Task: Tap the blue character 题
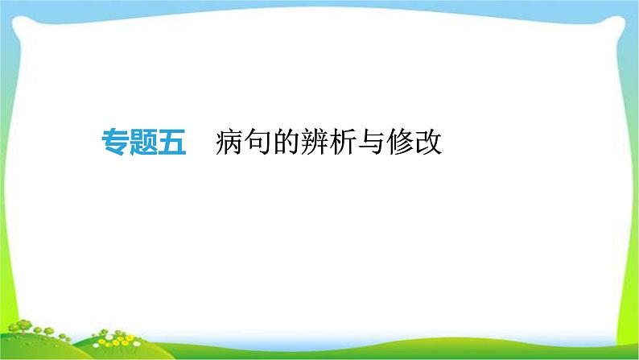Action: (x=143, y=143)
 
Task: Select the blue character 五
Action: (x=171, y=143)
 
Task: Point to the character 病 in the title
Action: (x=229, y=143)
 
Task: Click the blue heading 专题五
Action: (x=143, y=143)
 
